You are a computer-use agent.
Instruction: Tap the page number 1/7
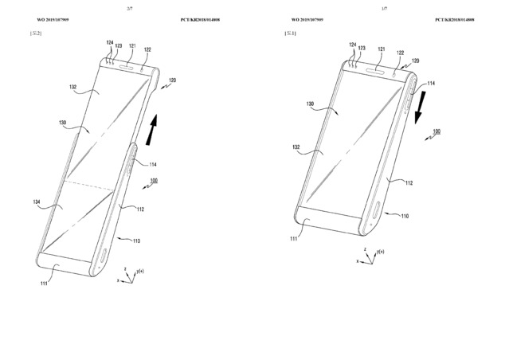pos(386,7)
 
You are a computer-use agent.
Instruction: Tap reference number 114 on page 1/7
pos(432,83)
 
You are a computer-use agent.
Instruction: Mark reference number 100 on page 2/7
pos(154,182)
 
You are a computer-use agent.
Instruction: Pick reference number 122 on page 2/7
pos(147,49)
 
